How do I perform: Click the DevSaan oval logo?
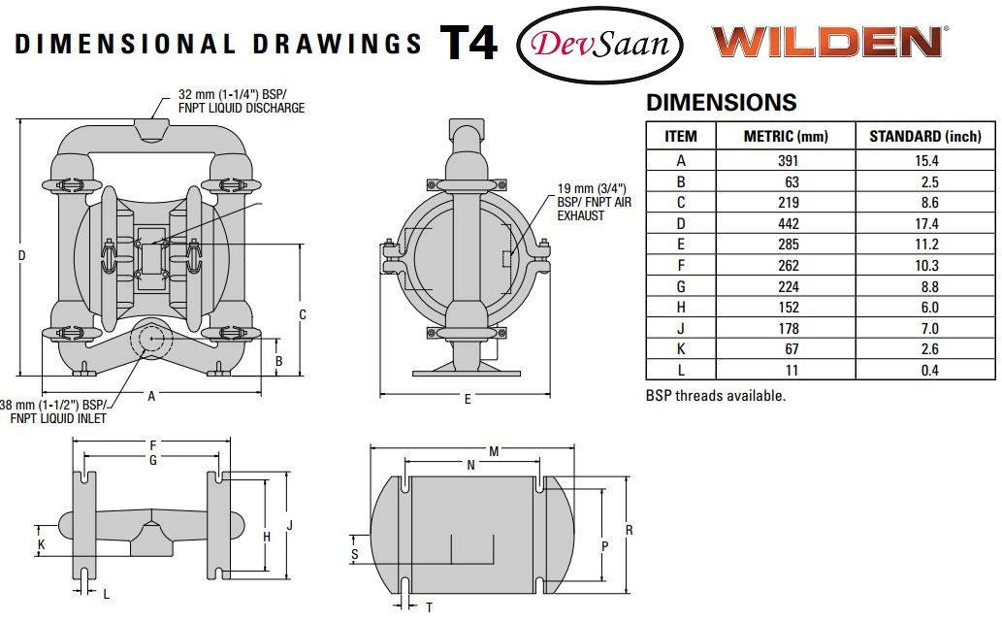(599, 43)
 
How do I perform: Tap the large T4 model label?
(469, 42)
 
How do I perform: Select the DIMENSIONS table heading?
(721, 103)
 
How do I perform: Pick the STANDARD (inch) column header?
(924, 136)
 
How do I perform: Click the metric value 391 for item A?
(788, 161)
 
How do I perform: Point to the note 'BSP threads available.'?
(715, 396)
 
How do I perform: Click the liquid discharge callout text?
(241, 102)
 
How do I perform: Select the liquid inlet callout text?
(56, 411)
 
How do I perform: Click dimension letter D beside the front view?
(22, 255)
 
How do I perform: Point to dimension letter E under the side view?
(467, 400)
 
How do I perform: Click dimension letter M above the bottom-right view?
(494, 451)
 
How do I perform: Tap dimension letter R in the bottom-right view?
(629, 531)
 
